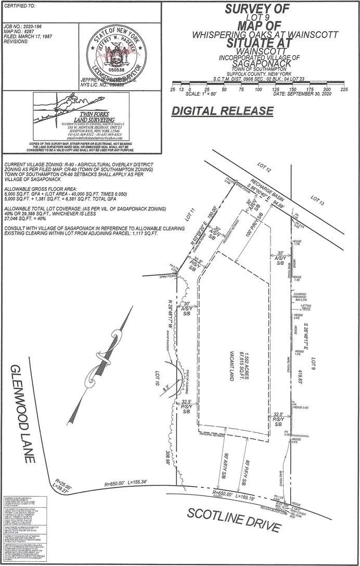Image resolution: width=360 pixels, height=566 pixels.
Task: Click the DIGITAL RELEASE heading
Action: [222, 111]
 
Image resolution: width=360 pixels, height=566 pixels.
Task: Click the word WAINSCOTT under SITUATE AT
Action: [266, 52]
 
